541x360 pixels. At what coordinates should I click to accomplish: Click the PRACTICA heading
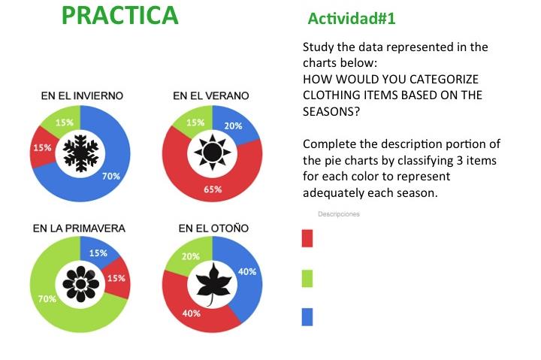(119, 15)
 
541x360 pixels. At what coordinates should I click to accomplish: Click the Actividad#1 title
(351, 18)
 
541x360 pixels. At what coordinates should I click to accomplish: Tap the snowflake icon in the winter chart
(80, 153)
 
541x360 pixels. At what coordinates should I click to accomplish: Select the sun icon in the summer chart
(213, 153)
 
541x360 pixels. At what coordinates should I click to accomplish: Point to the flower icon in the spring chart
(80, 284)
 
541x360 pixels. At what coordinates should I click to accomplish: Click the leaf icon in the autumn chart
(213, 284)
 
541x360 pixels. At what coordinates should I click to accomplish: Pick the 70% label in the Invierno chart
(111, 176)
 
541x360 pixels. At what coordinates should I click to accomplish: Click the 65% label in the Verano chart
(213, 189)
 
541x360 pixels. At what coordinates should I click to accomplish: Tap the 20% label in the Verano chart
(233, 126)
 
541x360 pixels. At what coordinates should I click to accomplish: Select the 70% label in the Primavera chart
(47, 298)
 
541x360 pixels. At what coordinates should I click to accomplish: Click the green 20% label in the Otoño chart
(190, 256)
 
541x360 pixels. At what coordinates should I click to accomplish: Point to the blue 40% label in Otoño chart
(247, 271)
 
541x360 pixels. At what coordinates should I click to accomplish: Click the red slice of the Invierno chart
(42, 148)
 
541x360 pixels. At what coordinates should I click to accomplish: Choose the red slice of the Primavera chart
(117, 278)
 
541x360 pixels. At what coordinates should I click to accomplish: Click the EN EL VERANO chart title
(211, 95)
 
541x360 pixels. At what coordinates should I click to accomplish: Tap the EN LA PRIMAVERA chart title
(79, 228)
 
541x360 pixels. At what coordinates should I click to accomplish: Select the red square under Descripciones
(307, 238)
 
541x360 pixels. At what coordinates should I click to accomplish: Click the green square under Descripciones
(307, 278)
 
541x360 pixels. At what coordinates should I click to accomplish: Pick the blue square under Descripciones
(307, 317)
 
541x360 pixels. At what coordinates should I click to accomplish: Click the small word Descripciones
(339, 214)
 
